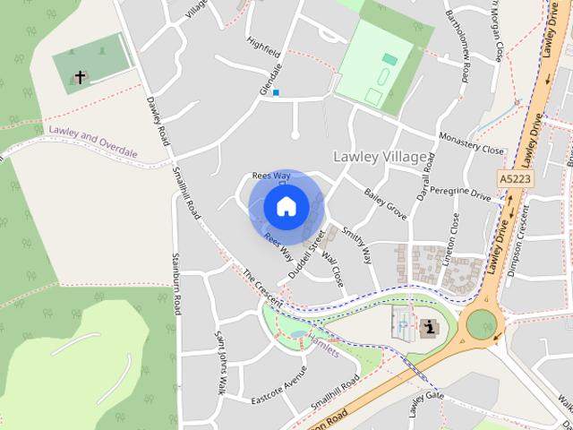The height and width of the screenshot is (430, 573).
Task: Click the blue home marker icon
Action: pos(286,206)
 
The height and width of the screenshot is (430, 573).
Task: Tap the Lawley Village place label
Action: pos(380,157)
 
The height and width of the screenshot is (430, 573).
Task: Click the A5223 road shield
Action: pos(515,179)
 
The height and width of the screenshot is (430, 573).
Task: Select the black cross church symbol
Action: pos(80,78)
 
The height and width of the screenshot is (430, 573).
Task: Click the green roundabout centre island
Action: pos(481,323)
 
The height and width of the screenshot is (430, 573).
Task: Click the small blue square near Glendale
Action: pos(277,92)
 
